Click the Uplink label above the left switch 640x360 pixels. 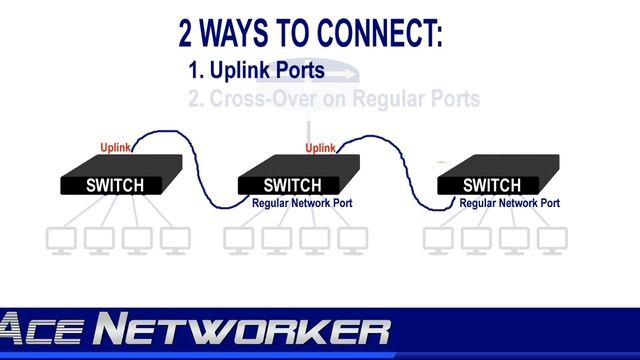pyautogui.click(x=116, y=149)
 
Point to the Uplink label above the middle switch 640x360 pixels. pyautogui.click(x=320, y=149)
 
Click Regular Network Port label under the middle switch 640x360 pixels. pyautogui.click(x=302, y=203)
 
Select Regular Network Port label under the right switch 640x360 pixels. pyautogui.click(x=509, y=203)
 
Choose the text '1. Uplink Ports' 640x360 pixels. pyautogui.click(x=256, y=71)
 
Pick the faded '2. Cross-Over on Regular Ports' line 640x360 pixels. pyautogui.click(x=334, y=99)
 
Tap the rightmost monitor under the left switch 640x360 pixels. pyautogui.click(x=175, y=240)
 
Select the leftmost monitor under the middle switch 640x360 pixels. pyautogui.click(x=239, y=240)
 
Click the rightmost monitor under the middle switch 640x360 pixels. pyautogui.click(x=352, y=240)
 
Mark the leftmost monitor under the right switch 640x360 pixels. pyautogui.click(x=437, y=240)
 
